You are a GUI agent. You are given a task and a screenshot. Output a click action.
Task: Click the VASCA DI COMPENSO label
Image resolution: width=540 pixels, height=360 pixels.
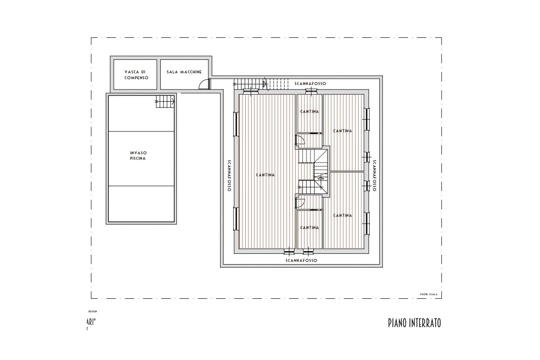click(135, 75)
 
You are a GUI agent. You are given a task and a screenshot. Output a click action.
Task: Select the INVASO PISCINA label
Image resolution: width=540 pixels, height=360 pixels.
click(138, 156)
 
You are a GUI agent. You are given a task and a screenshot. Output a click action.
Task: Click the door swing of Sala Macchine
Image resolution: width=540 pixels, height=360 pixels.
click(204, 84)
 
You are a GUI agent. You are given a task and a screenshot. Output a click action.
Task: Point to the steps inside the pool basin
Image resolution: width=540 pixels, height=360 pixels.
click(165, 103)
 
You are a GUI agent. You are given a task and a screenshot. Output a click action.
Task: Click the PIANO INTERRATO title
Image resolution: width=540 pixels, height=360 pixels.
click(414, 323)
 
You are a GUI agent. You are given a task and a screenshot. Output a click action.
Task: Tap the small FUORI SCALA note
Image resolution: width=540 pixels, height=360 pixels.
click(428, 295)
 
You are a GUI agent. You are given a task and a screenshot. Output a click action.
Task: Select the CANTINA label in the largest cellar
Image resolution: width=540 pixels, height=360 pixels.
click(265, 175)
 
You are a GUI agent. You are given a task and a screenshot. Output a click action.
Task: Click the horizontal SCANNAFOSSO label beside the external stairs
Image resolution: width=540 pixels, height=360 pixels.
click(310, 84)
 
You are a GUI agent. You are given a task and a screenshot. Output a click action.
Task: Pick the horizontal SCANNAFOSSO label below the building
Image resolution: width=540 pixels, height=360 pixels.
click(301, 261)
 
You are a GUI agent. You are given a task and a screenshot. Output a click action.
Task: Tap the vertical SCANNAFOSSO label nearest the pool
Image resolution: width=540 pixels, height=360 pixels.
click(229, 175)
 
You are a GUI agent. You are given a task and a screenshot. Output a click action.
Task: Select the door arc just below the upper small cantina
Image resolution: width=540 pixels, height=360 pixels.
click(301, 140)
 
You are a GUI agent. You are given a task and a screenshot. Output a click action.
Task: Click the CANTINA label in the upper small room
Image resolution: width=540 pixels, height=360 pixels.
click(310, 112)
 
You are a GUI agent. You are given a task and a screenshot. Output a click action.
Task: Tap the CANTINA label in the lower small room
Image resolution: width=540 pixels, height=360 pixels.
click(310, 228)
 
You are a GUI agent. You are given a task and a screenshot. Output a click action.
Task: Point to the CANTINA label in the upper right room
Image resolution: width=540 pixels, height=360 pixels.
click(342, 131)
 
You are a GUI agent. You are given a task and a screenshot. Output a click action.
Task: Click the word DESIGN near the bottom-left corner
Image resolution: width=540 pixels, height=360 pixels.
click(92, 311)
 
